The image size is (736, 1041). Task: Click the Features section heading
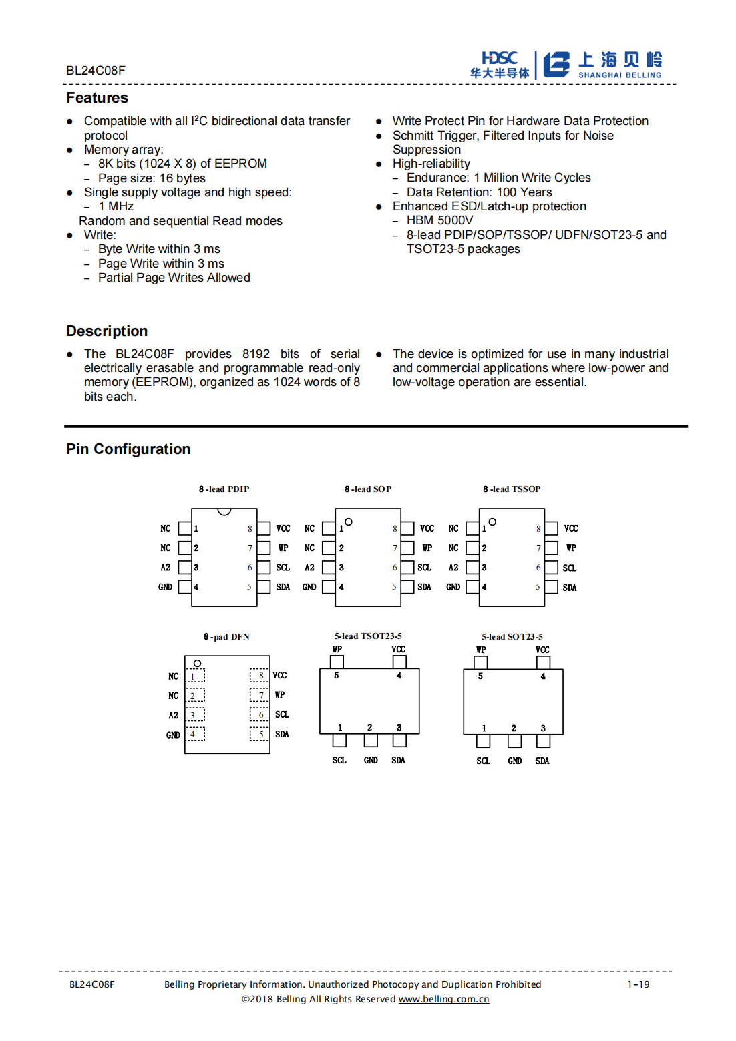click(x=97, y=98)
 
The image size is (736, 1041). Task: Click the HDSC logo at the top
click(x=500, y=65)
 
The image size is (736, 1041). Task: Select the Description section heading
click(x=107, y=331)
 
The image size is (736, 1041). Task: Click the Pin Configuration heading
click(x=128, y=449)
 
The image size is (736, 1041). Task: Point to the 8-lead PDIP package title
click(x=224, y=489)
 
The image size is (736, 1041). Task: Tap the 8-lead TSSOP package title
click(x=512, y=489)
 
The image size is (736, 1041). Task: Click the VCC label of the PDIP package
click(x=283, y=528)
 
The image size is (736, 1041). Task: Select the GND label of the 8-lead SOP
click(x=309, y=587)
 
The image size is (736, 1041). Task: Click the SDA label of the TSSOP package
click(x=570, y=588)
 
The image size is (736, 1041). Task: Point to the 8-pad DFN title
click(x=226, y=637)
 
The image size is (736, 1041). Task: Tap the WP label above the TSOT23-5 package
click(x=337, y=649)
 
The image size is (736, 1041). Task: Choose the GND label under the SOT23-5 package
click(x=515, y=761)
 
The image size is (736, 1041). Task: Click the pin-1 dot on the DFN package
click(x=197, y=663)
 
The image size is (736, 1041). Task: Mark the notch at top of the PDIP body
click(x=224, y=511)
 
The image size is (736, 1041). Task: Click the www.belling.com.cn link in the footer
click(x=443, y=999)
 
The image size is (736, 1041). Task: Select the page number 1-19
click(x=638, y=984)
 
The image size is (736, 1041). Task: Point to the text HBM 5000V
click(x=439, y=220)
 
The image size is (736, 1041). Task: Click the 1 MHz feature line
click(x=116, y=206)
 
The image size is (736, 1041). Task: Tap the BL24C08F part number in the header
click(x=96, y=71)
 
